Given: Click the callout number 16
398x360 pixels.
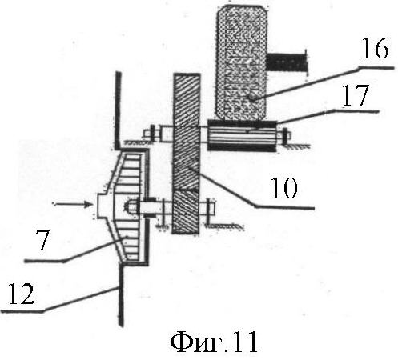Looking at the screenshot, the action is (375, 48).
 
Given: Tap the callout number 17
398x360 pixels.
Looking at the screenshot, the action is (356, 95).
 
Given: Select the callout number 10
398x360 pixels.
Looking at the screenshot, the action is (283, 188).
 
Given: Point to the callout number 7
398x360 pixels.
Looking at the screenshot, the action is (42, 239).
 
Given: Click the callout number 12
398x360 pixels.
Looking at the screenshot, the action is (22, 294).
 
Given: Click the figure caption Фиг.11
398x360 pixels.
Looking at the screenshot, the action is (214, 342).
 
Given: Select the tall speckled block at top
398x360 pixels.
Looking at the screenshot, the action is (241, 62).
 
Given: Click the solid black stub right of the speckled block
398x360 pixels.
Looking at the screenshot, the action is (287, 62).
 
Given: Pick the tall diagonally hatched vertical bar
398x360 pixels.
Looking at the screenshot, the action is (187, 154).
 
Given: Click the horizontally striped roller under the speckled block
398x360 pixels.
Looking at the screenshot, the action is (242, 136).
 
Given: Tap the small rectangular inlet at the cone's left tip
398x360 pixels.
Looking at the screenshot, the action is (102, 206).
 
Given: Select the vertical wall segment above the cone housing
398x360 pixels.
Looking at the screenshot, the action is (118, 110).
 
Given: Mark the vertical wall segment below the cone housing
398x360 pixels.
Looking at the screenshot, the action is (121, 294).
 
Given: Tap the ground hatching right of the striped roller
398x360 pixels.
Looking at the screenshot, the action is (297, 146).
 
